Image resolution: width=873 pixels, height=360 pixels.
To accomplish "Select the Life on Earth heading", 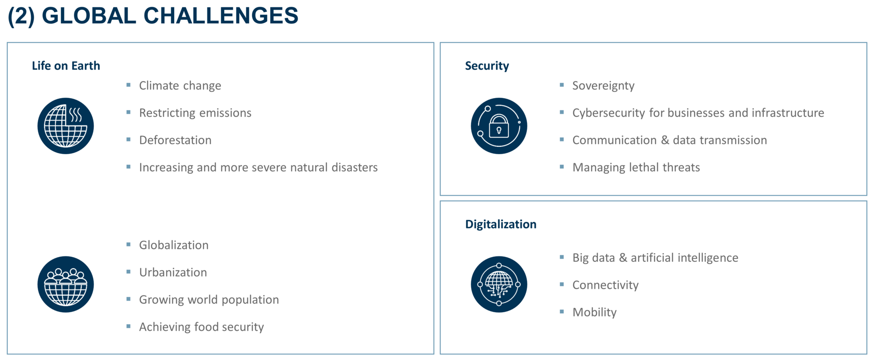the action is [x=66, y=66].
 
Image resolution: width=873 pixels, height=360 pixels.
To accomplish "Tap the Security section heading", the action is [x=487, y=66].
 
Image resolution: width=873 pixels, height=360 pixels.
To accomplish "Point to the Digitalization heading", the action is [x=501, y=225].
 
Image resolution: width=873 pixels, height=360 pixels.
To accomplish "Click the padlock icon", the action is [x=499, y=126].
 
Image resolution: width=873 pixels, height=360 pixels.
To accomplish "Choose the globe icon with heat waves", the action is [x=65, y=126].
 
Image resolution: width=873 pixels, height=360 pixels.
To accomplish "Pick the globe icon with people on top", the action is [x=65, y=285].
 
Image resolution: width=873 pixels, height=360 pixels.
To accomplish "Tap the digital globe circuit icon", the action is [x=499, y=285].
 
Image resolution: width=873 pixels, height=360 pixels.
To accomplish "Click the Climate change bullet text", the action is [x=180, y=86].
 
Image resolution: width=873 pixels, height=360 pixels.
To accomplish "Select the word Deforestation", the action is [x=175, y=140].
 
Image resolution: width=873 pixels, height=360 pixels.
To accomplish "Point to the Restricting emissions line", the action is [x=195, y=113].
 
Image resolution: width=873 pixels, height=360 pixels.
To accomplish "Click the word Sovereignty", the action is [x=603, y=86].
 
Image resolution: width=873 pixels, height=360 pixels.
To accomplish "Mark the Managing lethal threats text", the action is [x=636, y=168].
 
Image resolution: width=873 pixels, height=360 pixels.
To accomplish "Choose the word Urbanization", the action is [x=173, y=272].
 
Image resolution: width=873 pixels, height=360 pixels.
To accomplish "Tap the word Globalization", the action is [x=174, y=245].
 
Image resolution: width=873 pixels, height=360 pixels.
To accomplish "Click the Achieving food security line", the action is [x=201, y=327].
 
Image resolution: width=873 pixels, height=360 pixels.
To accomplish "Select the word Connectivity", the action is [x=605, y=285].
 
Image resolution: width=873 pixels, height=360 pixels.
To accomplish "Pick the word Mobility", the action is [x=594, y=313].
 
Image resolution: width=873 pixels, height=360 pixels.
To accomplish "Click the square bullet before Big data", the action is [x=562, y=257].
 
